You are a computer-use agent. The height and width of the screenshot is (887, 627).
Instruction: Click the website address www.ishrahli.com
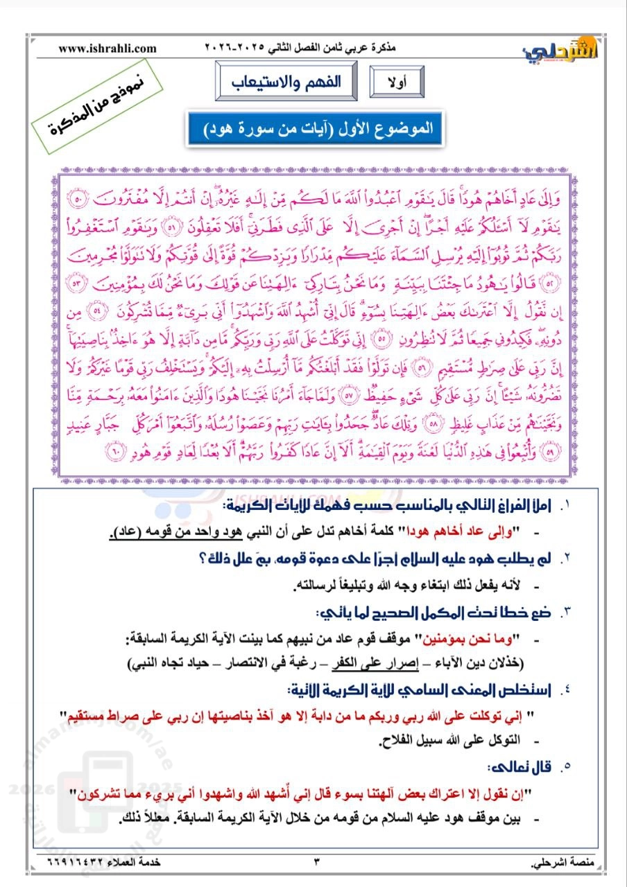coord(108,49)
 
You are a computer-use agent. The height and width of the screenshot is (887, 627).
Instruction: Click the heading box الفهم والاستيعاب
coord(286,81)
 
